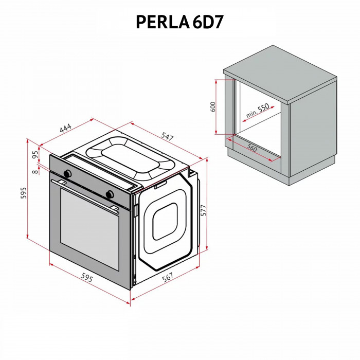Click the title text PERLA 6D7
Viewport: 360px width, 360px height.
(179, 21)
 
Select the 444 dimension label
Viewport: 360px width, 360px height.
(65, 129)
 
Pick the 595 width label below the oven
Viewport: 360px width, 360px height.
(86, 278)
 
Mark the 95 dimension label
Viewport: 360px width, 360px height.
(35, 154)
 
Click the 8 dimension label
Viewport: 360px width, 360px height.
(34, 171)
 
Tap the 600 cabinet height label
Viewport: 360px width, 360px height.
(212, 106)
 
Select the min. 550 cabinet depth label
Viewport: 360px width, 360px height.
(257, 112)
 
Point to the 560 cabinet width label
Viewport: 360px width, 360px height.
(251, 148)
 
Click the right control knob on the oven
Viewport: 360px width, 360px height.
(109, 194)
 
